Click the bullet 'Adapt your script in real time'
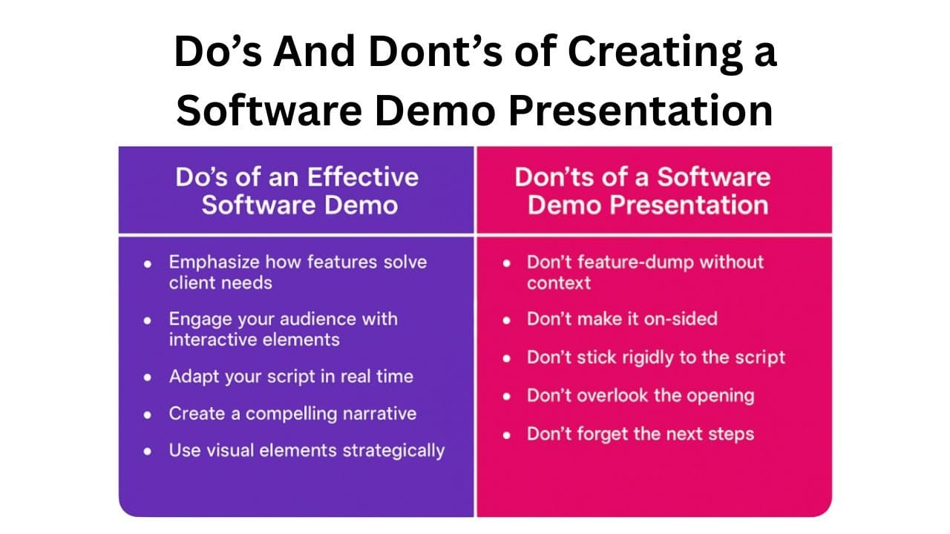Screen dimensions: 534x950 pos(290,376)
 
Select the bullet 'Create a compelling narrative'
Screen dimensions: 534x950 pos(292,413)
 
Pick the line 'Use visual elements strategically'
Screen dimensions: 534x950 pos(307,450)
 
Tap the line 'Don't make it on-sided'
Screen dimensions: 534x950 pos(622,319)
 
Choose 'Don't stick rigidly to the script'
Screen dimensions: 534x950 pos(655,357)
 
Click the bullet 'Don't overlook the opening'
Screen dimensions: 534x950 pos(640,395)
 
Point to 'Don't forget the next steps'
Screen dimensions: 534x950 pos(640,433)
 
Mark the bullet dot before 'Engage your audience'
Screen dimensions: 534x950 pos(149,320)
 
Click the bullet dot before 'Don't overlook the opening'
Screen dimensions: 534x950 pos(507,397)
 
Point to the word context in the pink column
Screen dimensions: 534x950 pos(559,283)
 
